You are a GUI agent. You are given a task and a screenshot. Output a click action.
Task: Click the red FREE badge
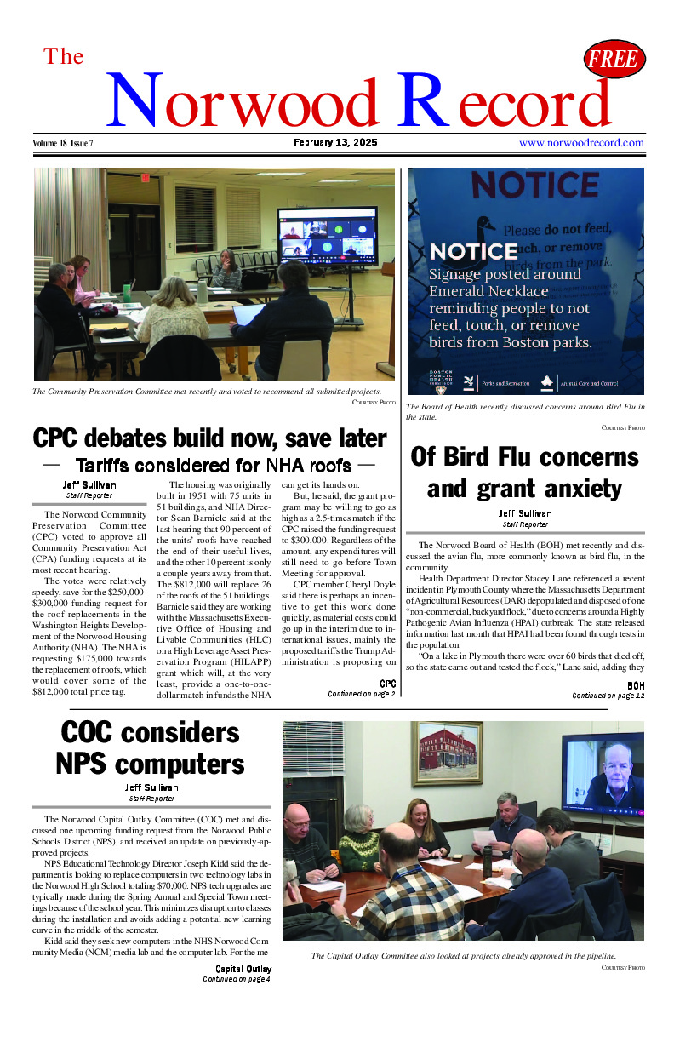tap(614, 60)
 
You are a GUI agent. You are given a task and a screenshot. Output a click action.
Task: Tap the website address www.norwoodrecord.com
tap(581, 143)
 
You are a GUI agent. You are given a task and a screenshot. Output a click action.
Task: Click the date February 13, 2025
tap(336, 142)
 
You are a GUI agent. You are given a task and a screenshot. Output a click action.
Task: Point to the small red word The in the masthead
tap(64, 56)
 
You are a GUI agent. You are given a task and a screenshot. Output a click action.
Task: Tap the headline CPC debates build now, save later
tap(209, 438)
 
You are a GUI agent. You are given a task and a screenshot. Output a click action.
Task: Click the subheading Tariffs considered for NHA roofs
tap(213, 466)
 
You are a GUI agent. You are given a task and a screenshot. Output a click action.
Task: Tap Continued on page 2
tap(362, 694)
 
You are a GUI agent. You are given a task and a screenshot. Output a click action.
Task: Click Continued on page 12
tap(608, 696)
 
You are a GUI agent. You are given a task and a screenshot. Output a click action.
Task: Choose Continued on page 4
tap(237, 979)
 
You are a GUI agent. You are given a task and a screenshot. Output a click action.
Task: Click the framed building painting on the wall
tap(446, 753)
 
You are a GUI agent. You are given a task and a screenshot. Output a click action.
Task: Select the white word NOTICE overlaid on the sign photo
tap(474, 252)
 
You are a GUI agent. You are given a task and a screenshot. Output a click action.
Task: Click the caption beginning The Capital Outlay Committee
tap(463, 955)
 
